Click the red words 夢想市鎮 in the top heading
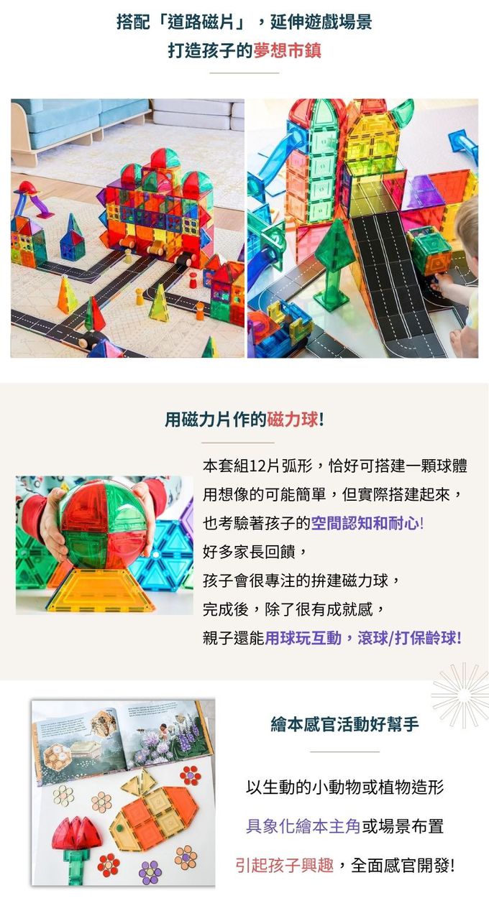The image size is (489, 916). (287, 51)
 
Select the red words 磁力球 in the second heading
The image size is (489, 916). (292, 420)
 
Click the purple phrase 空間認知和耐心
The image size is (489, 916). (365, 523)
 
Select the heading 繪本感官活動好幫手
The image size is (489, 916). (344, 724)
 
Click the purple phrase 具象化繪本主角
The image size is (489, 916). (303, 826)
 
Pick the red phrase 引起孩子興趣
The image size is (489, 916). (284, 865)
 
